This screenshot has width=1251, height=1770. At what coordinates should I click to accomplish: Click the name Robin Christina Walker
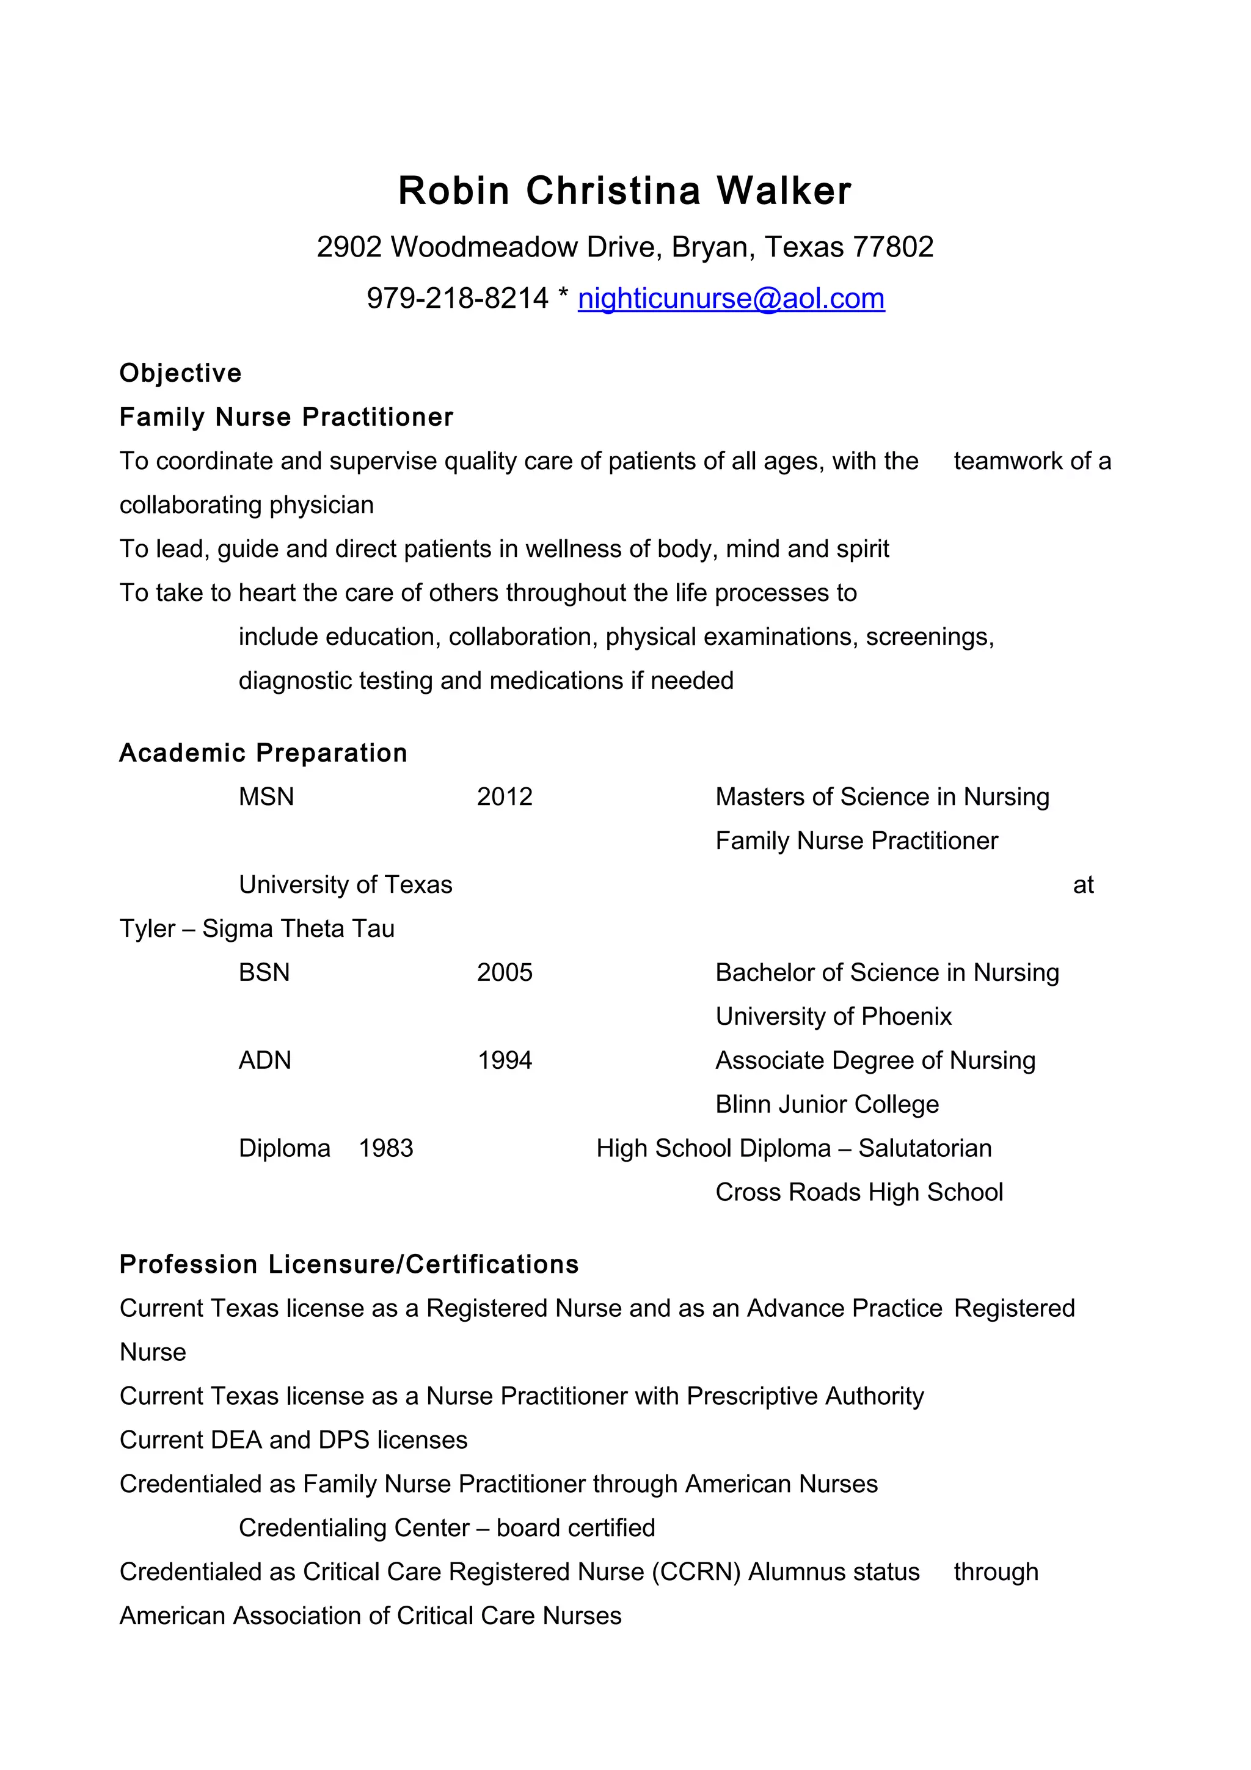(624, 191)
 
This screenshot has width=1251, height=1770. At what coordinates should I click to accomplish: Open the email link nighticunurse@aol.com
(731, 298)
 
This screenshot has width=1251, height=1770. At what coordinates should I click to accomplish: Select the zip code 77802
(893, 247)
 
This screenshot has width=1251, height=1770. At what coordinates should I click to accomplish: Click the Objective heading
(180, 373)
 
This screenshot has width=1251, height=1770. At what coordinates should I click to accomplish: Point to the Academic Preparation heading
(263, 752)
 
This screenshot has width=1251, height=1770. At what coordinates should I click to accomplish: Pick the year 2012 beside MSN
(505, 796)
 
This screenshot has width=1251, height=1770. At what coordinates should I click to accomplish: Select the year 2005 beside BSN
(505, 972)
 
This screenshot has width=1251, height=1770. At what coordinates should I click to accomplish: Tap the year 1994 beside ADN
(505, 1060)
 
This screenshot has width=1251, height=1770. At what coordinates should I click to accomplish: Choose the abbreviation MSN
(266, 796)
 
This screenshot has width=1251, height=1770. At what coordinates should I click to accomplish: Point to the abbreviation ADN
(265, 1060)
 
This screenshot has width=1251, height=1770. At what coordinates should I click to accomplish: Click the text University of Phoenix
(833, 1016)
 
